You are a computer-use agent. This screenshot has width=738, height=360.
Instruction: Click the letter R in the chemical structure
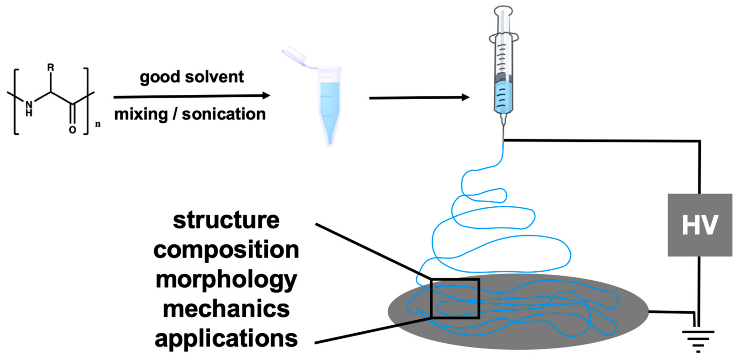pos(51,68)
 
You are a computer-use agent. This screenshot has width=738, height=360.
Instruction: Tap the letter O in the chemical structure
pos(72,130)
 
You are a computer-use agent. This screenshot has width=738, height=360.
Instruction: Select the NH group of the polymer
pos(29,109)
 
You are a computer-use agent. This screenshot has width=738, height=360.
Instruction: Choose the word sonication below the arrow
pos(224,114)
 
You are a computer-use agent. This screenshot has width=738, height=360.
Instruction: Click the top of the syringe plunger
pos(503,10)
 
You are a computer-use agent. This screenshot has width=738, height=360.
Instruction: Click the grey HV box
pos(700,225)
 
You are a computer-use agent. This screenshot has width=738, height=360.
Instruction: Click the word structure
pos(226,220)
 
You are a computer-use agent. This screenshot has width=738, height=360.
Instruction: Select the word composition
pos(226,250)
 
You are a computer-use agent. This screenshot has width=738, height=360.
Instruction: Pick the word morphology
pos(226,280)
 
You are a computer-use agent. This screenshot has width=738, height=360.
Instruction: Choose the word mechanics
pos(226,309)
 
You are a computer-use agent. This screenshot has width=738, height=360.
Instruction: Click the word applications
pos(226,339)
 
